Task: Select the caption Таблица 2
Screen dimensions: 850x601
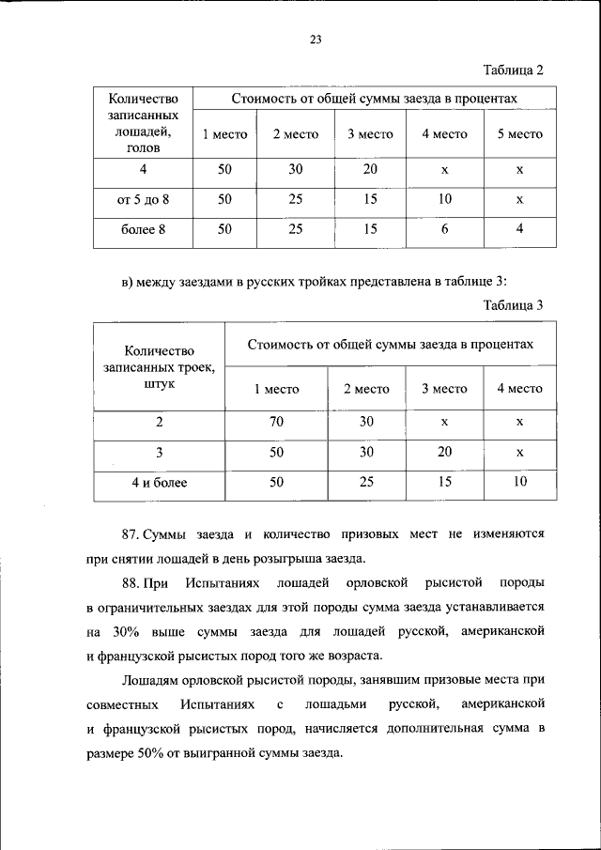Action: coord(514,70)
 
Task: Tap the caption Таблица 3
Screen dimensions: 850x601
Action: coord(514,304)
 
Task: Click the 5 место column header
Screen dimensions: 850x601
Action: coord(519,134)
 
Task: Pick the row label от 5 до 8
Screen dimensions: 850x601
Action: coord(143,199)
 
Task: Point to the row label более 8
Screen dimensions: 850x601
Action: coord(143,228)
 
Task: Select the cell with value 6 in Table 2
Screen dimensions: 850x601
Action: coord(444,228)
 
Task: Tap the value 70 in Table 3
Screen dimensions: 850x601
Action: coord(276,422)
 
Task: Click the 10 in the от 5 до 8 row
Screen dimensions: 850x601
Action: coord(444,199)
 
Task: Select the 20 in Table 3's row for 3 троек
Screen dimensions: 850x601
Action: coord(444,452)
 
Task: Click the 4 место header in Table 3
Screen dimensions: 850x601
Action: coord(519,389)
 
